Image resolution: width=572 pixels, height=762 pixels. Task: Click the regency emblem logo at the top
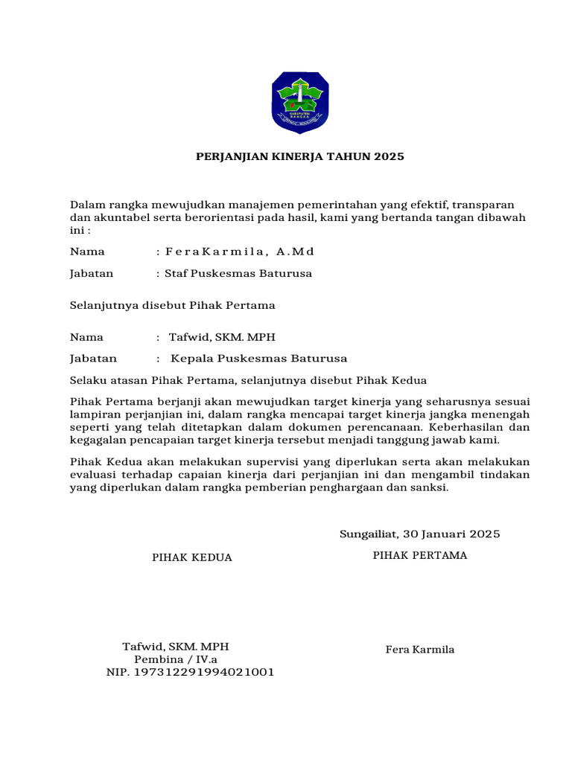[x=299, y=103]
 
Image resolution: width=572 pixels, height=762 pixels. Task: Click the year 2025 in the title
[x=389, y=157]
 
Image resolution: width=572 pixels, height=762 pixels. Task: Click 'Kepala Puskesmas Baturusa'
[x=258, y=359]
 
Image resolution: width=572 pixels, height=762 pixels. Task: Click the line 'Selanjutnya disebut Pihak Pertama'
[x=173, y=305]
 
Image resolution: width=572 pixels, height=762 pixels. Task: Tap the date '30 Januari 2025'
[x=451, y=534]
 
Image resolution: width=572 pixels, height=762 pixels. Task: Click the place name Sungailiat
[x=369, y=534]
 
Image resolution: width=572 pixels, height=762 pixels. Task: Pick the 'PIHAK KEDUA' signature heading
[x=192, y=557]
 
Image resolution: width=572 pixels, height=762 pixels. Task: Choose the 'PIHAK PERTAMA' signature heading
[x=420, y=555]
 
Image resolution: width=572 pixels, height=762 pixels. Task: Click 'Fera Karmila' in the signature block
[x=420, y=650]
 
